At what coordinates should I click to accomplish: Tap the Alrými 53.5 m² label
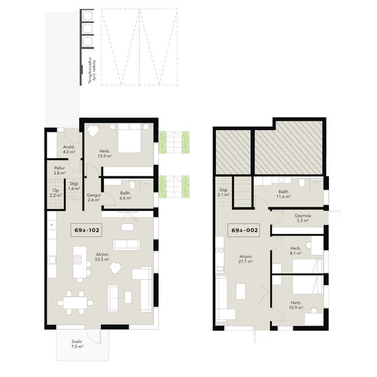click(101, 257)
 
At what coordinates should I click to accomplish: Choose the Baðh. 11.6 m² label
click(284, 195)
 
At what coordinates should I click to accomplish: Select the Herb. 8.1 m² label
click(296, 251)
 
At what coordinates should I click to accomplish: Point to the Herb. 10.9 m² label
click(296, 305)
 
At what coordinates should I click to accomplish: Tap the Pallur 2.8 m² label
click(59, 171)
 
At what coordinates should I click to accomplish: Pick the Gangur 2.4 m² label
click(94, 197)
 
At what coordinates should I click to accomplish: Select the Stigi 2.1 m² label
click(223, 192)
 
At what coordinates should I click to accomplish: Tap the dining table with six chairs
click(77, 301)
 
